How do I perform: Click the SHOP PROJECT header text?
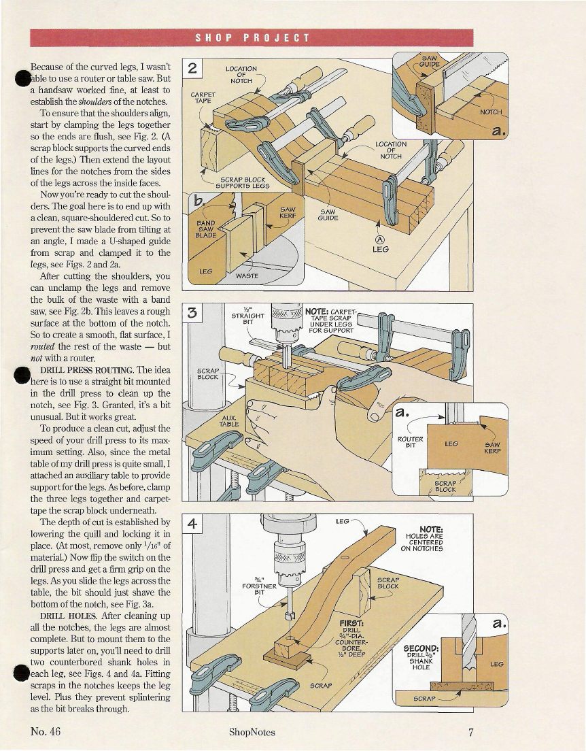coord(252,38)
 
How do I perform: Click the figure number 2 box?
coord(192,69)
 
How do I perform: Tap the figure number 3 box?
coord(192,313)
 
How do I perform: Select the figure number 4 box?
coord(192,524)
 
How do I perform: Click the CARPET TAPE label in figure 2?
coord(203,98)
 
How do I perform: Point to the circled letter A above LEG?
coord(380,239)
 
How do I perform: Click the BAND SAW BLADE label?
coord(206,229)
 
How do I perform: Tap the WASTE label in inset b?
coord(247,276)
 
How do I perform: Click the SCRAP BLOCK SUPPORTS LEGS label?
coord(242,182)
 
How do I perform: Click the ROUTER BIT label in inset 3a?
coord(411,441)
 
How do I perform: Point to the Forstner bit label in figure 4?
coord(260,586)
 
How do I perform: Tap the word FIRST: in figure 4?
coord(352,623)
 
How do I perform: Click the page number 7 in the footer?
coord(471,732)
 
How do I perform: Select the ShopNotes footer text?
coord(252,732)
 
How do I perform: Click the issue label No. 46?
coord(46,731)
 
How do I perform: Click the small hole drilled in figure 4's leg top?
coord(344,558)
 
